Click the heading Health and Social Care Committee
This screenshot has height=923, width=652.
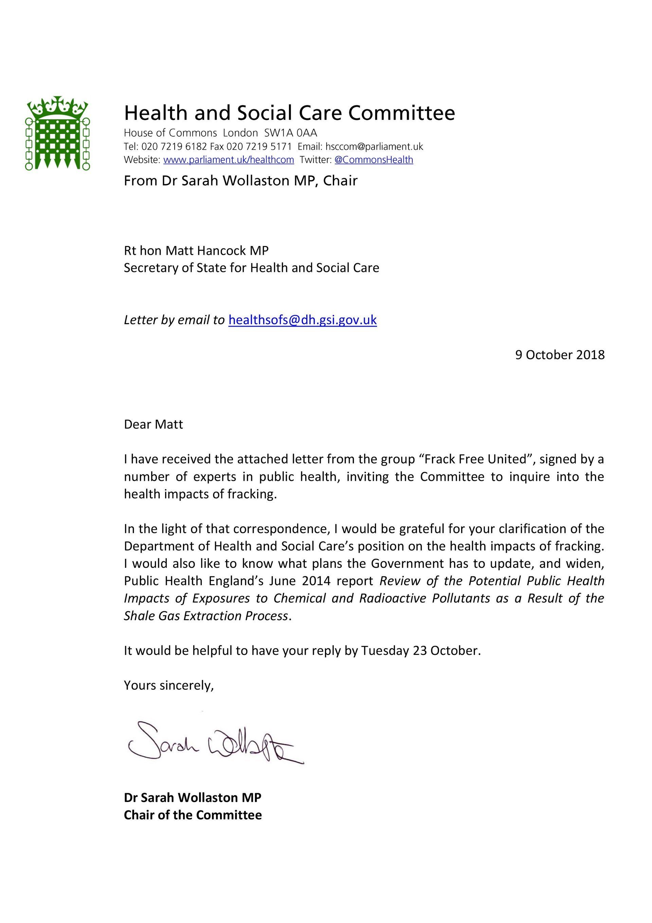(289, 112)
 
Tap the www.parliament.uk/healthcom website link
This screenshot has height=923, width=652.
(229, 160)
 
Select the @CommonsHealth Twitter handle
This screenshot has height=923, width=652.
(374, 160)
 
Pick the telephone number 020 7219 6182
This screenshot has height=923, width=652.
(174, 146)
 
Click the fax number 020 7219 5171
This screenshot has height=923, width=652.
(259, 146)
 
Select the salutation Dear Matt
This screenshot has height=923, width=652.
(153, 424)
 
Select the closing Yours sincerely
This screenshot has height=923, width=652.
(169, 685)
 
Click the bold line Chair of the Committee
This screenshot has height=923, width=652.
(193, 815)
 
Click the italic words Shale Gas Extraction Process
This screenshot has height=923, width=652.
(206, 616)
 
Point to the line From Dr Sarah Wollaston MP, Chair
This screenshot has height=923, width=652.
(240, 180)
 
